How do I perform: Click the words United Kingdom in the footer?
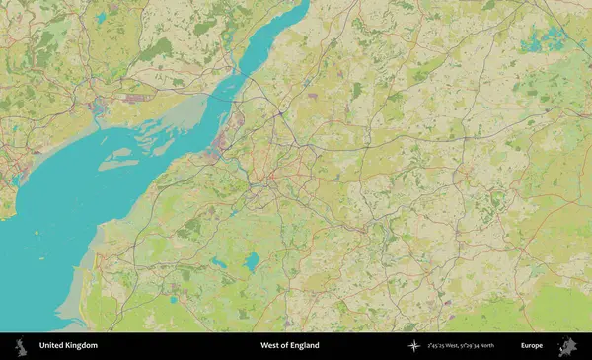(x=68, y=346)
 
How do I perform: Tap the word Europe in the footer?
(x=532, y=346)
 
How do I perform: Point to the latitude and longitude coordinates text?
(x=461, y=346)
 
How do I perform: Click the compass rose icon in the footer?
(x=412, y=346)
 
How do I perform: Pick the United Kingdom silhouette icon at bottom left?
(x=20, y=346)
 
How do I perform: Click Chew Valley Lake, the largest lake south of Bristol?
(x=252, y=261)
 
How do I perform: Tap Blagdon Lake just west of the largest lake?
(x=216, y=263)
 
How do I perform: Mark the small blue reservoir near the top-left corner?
(x=101, y=18)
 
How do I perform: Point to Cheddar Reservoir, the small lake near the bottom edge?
(x=174, y=299)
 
